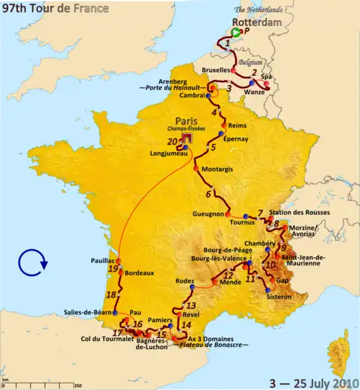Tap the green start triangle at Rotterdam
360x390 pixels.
point(237,32)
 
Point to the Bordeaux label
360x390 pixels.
point(140,273)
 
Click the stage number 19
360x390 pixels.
point(112,269)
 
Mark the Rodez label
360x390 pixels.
point(184,281)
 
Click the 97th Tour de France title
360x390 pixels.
point(55,8)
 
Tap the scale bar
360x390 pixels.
point(40,383)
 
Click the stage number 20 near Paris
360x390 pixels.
point(171,141)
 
